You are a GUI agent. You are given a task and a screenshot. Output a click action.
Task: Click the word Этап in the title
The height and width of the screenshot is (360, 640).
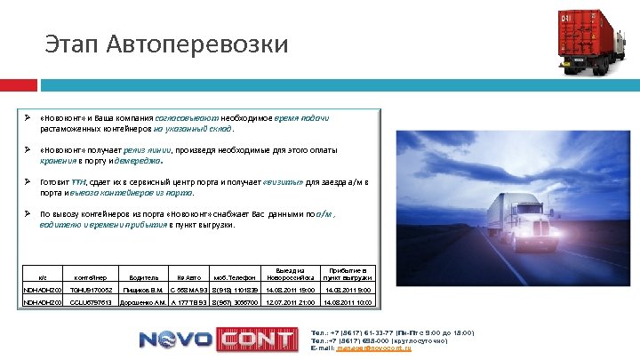click(73, 44)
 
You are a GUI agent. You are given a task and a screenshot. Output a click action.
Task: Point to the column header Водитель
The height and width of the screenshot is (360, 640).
click(143, 277)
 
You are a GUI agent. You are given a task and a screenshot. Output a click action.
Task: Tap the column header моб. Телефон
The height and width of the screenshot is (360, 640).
click(235, 277)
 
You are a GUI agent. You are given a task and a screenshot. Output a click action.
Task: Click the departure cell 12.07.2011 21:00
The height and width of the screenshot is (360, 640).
click(291, 303)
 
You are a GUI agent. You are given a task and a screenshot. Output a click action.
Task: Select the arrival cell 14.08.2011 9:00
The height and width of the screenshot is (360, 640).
click(347, 291)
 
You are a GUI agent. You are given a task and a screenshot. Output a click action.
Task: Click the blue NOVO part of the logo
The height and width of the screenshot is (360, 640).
click(174, 339)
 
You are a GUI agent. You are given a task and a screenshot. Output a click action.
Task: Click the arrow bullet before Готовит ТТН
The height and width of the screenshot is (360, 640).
click(28, 181)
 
